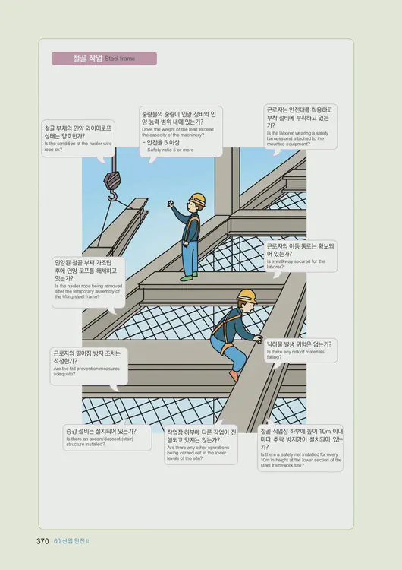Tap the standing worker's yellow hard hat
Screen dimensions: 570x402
(197, 200)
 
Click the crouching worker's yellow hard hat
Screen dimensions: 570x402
(246, 295)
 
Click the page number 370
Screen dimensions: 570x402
(43, 541)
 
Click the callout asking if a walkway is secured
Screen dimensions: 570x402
(301, 256)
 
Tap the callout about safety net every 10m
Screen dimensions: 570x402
(300, 448)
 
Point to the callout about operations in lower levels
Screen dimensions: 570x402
(201, 445)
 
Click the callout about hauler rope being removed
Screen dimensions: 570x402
(86, 281)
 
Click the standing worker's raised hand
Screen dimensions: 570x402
(172, 205)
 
